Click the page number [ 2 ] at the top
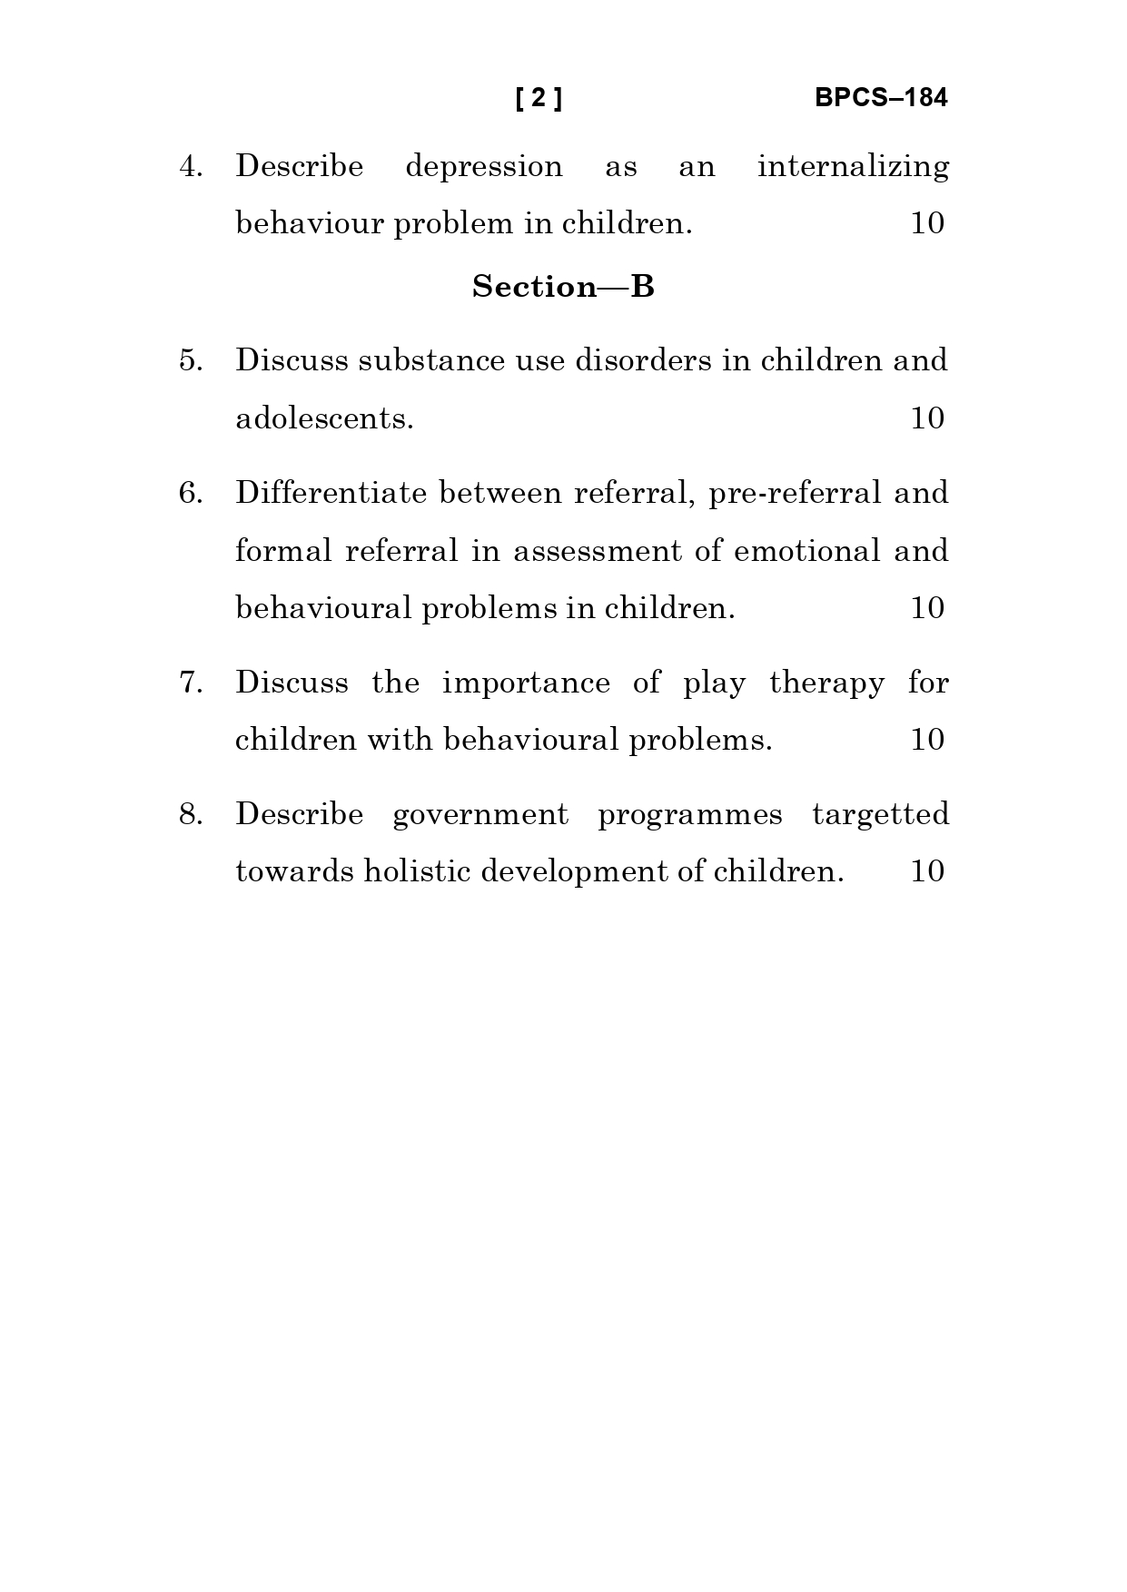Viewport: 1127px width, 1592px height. pos(539,98)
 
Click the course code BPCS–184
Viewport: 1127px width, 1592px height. pos(880,98)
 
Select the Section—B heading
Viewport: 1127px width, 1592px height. pos(563,287)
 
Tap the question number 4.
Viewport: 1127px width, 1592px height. pos(191,167)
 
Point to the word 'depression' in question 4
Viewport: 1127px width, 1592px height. pos(483,167)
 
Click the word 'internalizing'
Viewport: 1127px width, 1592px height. pos(853,167)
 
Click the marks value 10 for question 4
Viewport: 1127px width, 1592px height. pos(927,223)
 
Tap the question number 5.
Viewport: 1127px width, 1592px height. pos(191,360)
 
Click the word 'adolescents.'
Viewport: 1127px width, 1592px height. pos(324,418)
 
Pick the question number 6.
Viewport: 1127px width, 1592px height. pos(191,493)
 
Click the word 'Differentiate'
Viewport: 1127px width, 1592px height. pos(331,493)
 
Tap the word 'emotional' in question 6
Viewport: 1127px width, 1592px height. pos(806,551)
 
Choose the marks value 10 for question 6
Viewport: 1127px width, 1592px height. pos(927,608)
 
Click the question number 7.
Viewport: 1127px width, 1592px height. pos(191,683)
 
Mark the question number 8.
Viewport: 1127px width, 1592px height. pos(191,814)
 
